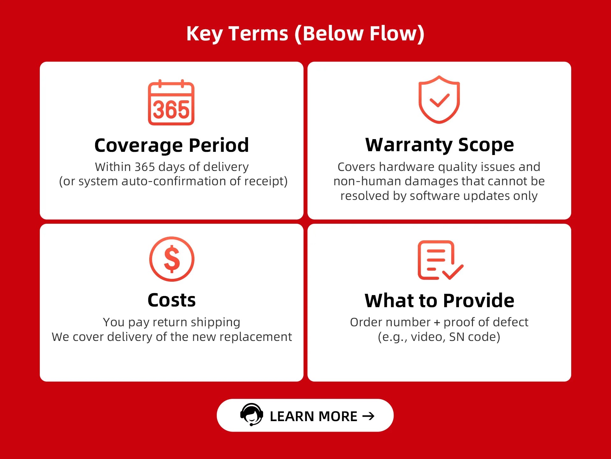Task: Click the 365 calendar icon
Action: pyautogui.click(x=171, y=102)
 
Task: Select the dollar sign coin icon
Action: pyautogui.click(x=172, y=259)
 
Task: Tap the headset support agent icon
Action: pyautogui.click(x=252, y=414)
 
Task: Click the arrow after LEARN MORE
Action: pyautogui.click(x=369, y=416)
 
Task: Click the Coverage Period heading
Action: pyautogui.click(x=172, y=145)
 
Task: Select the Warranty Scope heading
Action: pyautogui.click(x=439, y=145)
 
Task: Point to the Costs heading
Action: pyautogui.click(x=172, y=300)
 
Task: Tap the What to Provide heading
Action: pyautogui.click(x=439, y=300)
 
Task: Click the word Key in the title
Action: pyautogui.click(x=204, y=34)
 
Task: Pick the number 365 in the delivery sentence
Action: pyautogui.click(x=145, y=167)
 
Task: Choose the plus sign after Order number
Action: pyautogui.click(x=437, y=323)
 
